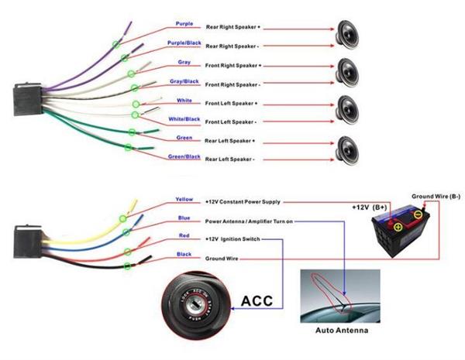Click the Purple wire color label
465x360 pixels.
pos(184,23)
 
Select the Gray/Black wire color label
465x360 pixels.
pos(184,81)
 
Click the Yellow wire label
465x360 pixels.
pos(184,199)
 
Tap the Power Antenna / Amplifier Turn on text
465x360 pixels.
pos(249,220)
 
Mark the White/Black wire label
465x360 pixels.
pos(184,119)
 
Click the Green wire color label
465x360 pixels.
pos(184,138)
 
